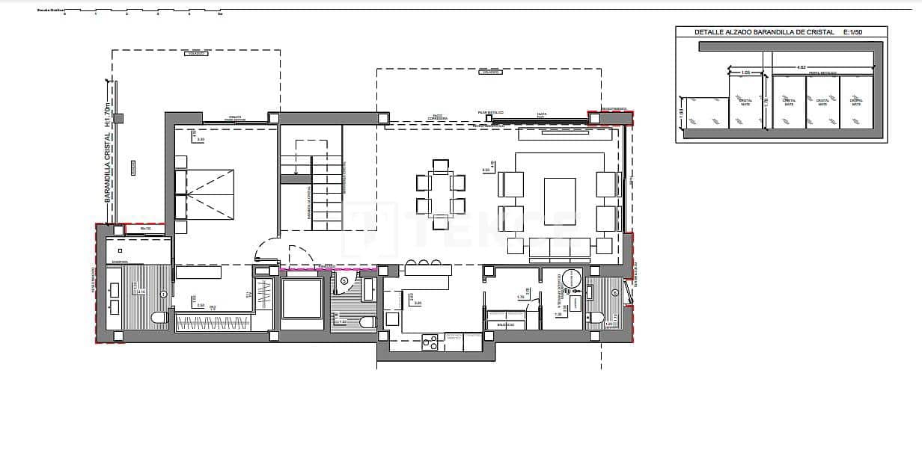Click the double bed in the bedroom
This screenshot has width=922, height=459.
coord(204,194)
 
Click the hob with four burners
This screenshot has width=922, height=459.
coord(430,342)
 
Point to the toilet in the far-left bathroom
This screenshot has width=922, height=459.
coord(159,318)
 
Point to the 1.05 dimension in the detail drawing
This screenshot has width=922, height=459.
coord(745,73)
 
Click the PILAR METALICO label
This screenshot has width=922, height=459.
coord(490,112)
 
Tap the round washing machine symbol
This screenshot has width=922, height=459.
coord(573,279)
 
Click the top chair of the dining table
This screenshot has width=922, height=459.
coord(440,165)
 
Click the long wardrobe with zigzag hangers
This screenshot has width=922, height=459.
coord(213,324)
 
